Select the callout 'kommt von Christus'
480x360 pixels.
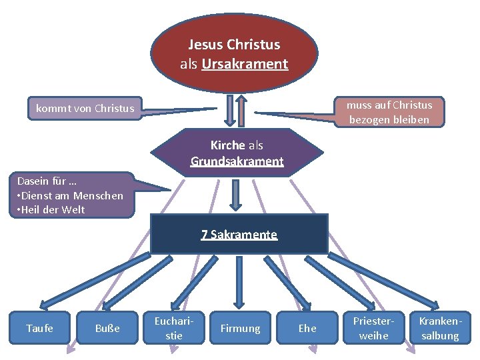click(x=85, y=108)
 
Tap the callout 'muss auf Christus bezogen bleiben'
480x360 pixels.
click(x=389, y=112)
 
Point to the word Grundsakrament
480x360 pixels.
click(x=237, y=161)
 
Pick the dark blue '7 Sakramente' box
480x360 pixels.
click(x=239, y=234)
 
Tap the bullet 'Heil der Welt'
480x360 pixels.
click(x=53, y=209)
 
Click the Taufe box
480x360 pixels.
click(x=39, y=327)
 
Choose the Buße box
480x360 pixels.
click(x=107, y=328)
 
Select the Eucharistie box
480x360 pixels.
click(x=174, y=327)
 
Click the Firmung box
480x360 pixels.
click(x=240, y=328)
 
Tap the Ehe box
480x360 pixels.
click(x=307, y=328)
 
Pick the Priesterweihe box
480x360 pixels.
click(x=373, y=327)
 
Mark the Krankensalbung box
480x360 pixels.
click(x=440, y=327)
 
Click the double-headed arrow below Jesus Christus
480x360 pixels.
click(x=231, y=109)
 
